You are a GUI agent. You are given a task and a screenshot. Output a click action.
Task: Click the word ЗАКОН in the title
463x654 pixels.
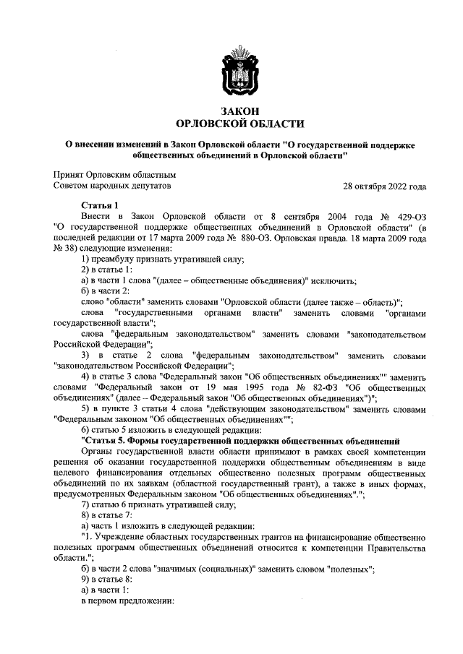(x=239, y=110)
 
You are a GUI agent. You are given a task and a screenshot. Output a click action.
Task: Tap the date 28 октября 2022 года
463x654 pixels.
(x=384, y=186)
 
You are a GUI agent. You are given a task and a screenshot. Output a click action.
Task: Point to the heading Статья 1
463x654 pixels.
(x=100, y=205)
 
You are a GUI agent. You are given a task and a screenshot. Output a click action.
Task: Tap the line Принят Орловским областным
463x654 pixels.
(x=115, y=174)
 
